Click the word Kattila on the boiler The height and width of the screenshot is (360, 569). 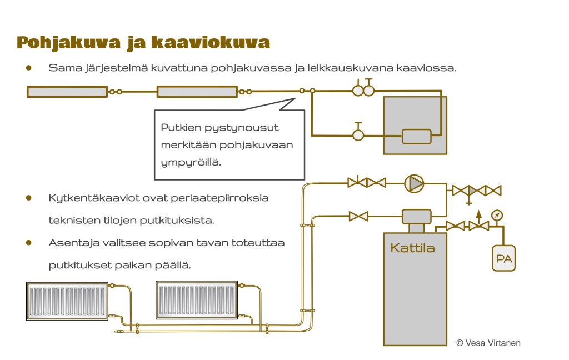coord(412,248)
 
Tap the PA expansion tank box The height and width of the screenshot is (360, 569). coord(503,258)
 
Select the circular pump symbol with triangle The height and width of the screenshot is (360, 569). coord(413,182)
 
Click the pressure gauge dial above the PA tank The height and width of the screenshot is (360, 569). coord(496,215)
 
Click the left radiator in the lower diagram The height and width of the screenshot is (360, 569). coord(67,301)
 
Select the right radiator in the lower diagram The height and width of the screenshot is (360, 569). coord(197,300)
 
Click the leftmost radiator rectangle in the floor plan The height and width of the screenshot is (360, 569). coord(67,92)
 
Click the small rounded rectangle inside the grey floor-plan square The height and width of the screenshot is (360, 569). coord(416,136)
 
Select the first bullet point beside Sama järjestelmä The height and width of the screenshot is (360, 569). coord(28,68)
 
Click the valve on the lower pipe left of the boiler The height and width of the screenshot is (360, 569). coord(358,216)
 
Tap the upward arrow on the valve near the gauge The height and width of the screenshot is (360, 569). coord(478,214)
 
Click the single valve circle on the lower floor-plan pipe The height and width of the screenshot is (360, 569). coord(358,134)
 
